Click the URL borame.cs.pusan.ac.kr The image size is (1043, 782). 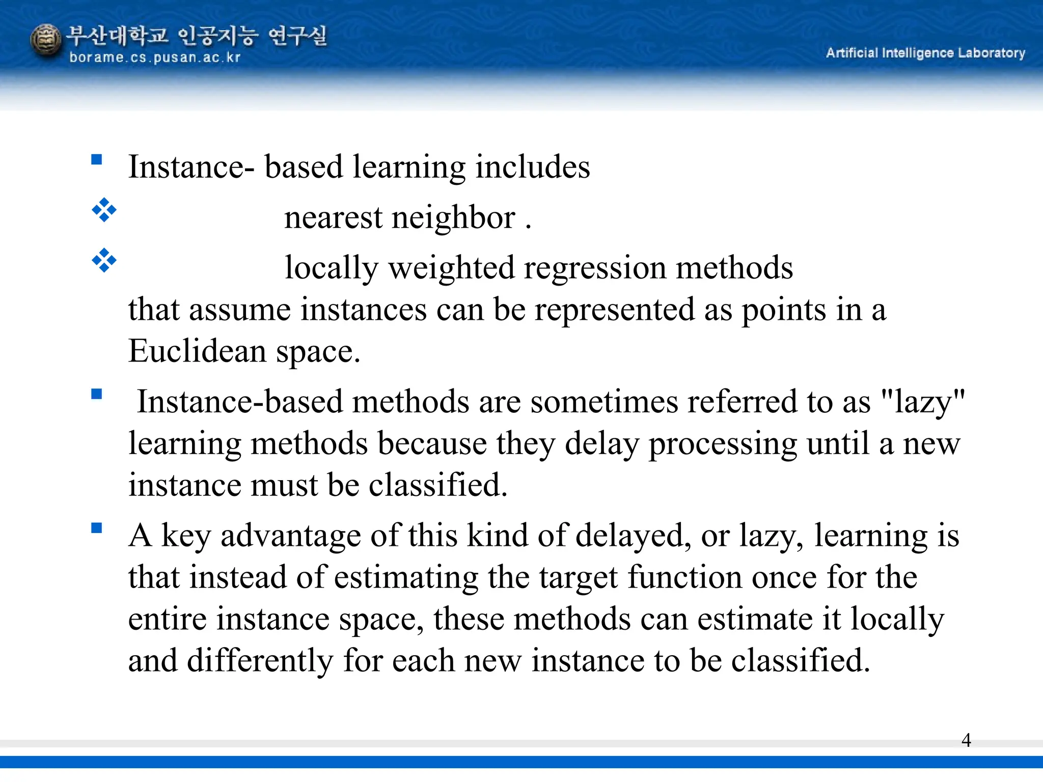pos(154,58)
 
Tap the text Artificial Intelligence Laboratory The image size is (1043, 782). pos(925,53)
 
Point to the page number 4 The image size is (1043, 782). pos(966,740)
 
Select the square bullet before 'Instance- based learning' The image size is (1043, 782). pos(97,160)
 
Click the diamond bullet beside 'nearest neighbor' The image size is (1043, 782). pos(104,210)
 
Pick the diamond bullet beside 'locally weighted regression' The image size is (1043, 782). pos(104,260)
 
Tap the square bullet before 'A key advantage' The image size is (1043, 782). pos(97,528)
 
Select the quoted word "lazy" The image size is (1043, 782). pos(923,402)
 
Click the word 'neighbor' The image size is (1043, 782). pos(453,218)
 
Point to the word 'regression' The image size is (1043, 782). pos(594,268)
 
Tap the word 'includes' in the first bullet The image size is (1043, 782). pos(532,167)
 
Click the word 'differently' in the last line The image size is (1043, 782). pos(260,661)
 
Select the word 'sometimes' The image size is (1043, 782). pos(603,402)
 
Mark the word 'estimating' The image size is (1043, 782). pos(406,578)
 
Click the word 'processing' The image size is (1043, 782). pos(723,444)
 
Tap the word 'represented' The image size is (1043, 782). pos(614,310)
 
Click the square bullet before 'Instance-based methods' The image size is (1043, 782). pos(97,394)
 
